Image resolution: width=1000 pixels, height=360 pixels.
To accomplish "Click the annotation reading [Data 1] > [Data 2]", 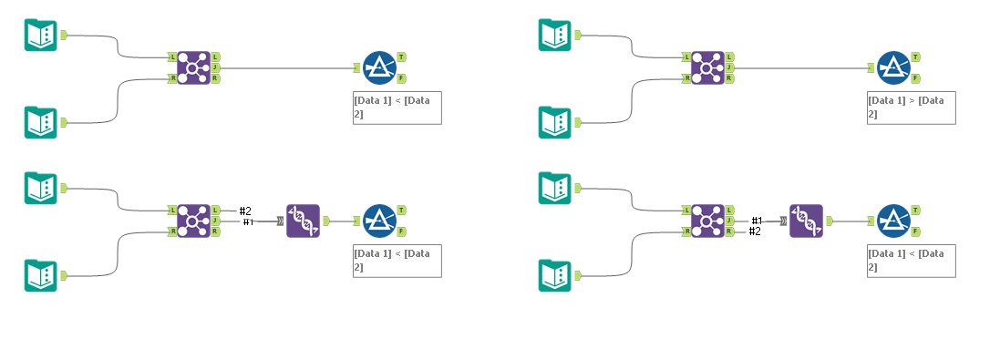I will click(912, 107).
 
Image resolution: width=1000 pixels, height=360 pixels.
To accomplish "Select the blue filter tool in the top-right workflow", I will click(892, 67).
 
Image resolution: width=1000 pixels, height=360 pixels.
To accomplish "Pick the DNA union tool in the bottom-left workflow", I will click(303, 221).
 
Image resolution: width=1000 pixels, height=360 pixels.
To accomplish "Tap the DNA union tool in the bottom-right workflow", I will click(806, 221).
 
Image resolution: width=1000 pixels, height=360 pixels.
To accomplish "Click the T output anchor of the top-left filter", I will click(401, 57).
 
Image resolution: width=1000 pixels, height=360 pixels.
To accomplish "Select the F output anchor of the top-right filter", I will click(915, 79).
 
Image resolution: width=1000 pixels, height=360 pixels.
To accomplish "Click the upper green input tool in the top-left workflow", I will click(40, 35).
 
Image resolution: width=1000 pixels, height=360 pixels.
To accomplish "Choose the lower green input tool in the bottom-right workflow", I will click(554, 275).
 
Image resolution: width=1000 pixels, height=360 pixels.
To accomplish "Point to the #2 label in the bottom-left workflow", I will click(245, 211).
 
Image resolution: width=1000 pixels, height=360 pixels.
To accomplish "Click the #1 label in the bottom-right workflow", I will click(756, 221).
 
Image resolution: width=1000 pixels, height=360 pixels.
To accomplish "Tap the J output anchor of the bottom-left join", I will click(215, 221).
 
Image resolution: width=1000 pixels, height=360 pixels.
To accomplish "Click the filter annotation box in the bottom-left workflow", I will click(397, 260).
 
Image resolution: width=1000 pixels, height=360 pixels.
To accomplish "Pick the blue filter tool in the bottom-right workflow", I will click(892, 221).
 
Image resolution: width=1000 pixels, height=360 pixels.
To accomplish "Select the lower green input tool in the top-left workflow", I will click(40, 122).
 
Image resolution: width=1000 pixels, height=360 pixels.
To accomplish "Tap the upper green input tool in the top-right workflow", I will click(554, 35).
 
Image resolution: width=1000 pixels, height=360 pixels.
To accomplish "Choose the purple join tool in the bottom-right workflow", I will click(707, 221).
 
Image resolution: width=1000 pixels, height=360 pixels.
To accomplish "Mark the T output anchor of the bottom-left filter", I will click(401, 210).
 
